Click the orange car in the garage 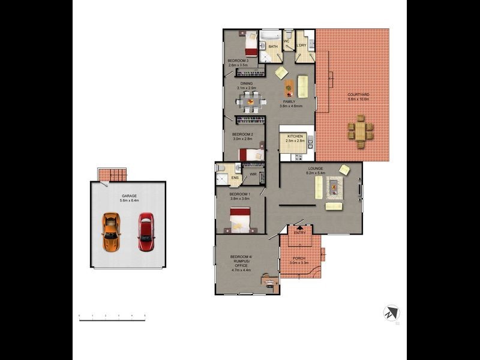tap(110, 232)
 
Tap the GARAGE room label tap(129, 196)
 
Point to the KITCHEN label tap(295, 137)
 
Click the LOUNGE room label tap(316, 169)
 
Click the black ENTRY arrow tap(299, 227)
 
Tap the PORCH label tap(298, 258)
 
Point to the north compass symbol tap(392, 313)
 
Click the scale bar tap(112, 319)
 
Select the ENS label tap(235, 178)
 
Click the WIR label tap(253, 174)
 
